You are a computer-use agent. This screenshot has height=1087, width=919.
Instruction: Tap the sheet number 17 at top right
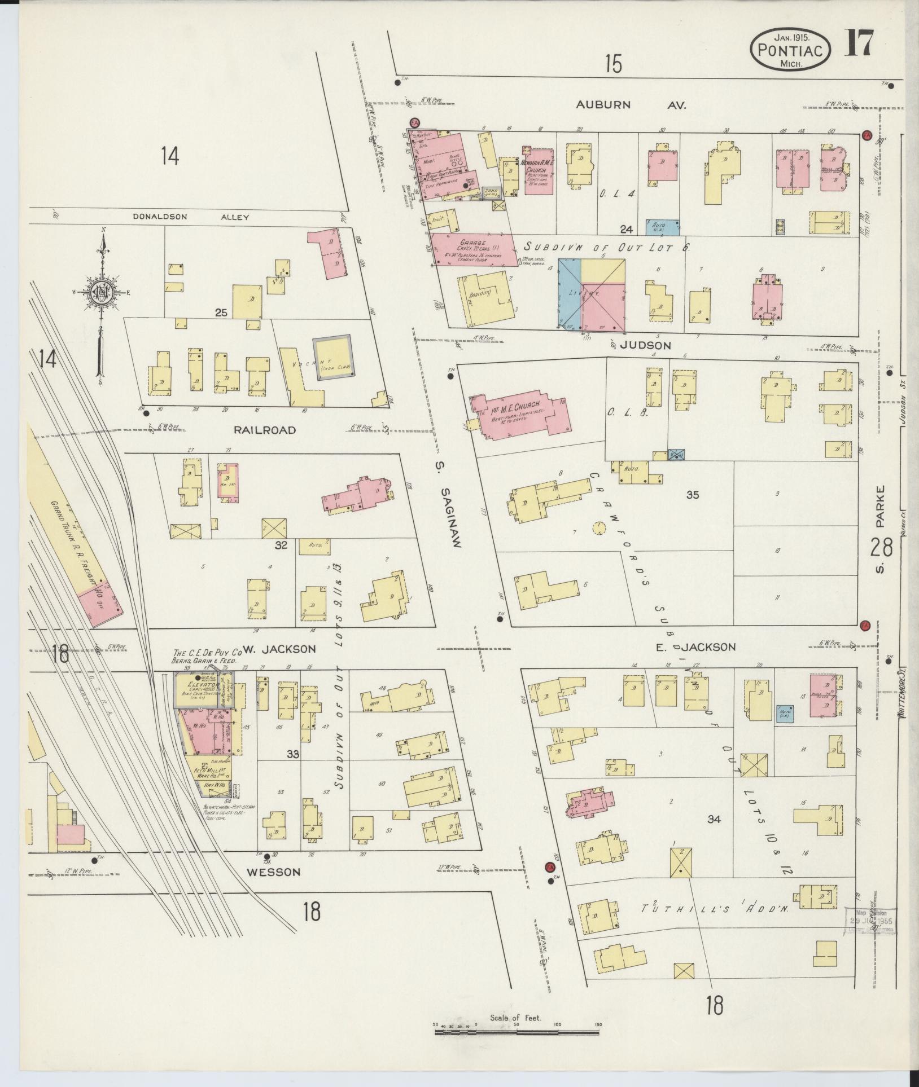click(x=859, y=43)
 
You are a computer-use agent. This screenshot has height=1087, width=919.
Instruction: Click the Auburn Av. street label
click(x=631, y=104)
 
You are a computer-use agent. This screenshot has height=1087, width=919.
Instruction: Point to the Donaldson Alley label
click(x=191, y=217)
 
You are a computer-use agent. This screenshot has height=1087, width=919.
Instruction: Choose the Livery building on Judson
click(x=592, y=294)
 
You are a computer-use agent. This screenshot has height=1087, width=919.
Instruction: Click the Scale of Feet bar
click(x=516, y=1031)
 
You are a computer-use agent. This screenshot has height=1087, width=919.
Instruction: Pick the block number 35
click(x=693, y=495)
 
